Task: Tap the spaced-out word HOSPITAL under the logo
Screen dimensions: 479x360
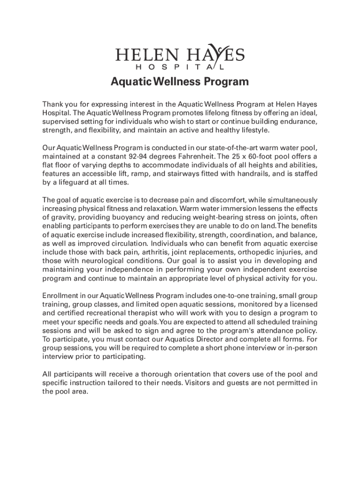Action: click(x=180, y=67)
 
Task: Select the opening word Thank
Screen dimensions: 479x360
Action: click(x=54, y=104)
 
